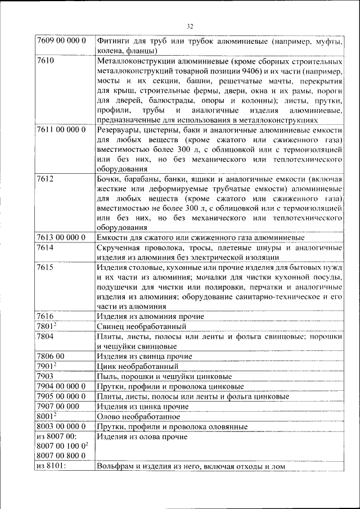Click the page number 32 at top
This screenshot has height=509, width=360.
pos(190,26)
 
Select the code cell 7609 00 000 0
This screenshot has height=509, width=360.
pos(61,41)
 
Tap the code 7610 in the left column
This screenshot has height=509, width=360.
pos(45,60)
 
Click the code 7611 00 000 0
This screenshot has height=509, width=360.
pos(61,129)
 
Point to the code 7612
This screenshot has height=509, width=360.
pos(45,179)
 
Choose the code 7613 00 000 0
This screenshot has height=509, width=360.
pos(61,237)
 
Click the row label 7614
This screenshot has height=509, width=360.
pos(45,247)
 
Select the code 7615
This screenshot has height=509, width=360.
pos(45,268)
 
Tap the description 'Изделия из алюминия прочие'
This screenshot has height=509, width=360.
pos(150,317)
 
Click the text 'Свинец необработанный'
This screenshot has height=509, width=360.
pos(141,326)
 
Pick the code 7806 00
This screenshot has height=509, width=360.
pos(51,356)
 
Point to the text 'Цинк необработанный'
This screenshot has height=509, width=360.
pos(137,366)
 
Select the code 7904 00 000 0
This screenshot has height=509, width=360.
pos(61,386)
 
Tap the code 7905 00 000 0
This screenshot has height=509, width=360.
pos(61,397)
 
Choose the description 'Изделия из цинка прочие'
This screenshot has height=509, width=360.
pos(142,407)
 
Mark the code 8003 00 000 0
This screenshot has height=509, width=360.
pos(61,427)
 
